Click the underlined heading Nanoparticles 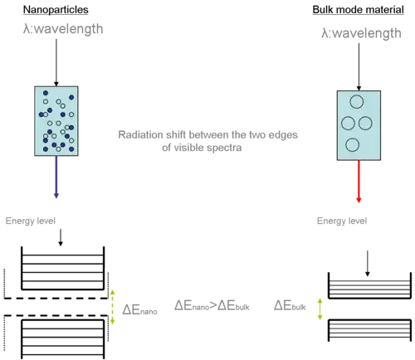pos(56,10)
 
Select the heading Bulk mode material pos(358,10)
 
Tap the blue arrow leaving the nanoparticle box pos(56,177)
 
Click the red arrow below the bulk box pos(359,182)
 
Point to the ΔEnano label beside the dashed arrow pos(139,309)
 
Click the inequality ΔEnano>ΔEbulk pos(212,305)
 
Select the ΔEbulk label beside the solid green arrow pos(290,305)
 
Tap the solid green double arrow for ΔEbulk pos(320,309)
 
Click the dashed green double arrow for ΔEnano pos(112,307)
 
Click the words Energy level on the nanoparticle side pos(31,221)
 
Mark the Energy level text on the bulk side pos(342,221)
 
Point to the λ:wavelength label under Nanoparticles pos(63,29)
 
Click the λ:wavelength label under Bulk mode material pos(361,33)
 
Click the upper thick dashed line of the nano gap pos(56,298)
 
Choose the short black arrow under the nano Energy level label pos(61,237)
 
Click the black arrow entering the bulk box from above pos(359,67)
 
